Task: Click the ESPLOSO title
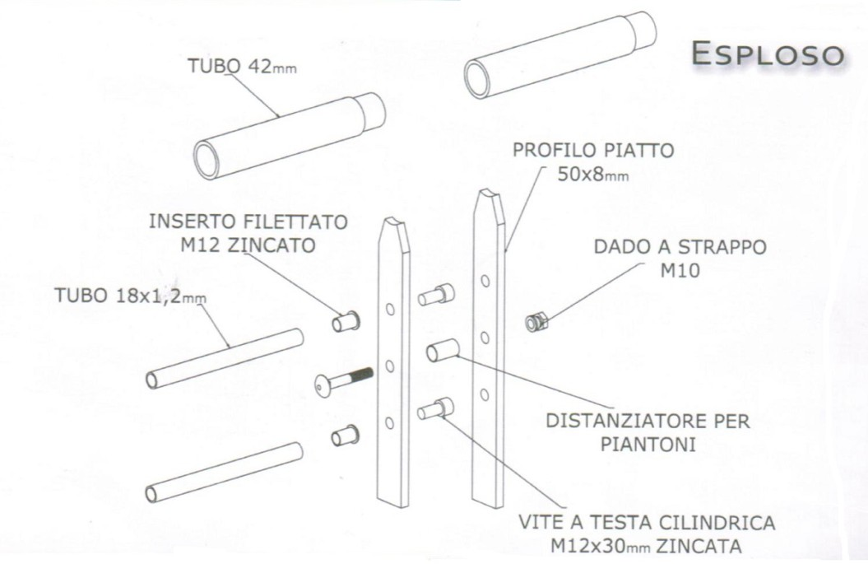point(768,54)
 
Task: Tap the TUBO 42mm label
point(242,66)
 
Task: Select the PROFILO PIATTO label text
point(593,150)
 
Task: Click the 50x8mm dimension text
point(592,175)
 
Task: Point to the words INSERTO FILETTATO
point(248,221)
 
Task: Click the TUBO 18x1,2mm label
point(130,296)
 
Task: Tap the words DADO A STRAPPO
point(680,246)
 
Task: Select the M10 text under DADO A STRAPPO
point(680,270)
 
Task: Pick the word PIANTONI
point(648,445)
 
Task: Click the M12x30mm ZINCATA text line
point(646,546)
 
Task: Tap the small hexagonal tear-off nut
point(536,321)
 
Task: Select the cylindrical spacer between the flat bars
point(443,350)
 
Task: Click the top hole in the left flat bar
point(390,309)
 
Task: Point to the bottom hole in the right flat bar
point(485,394)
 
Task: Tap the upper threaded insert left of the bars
point(346,321)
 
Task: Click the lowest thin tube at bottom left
point(224,473)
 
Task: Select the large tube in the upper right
point(560,55)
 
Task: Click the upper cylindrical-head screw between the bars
point(436,295)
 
